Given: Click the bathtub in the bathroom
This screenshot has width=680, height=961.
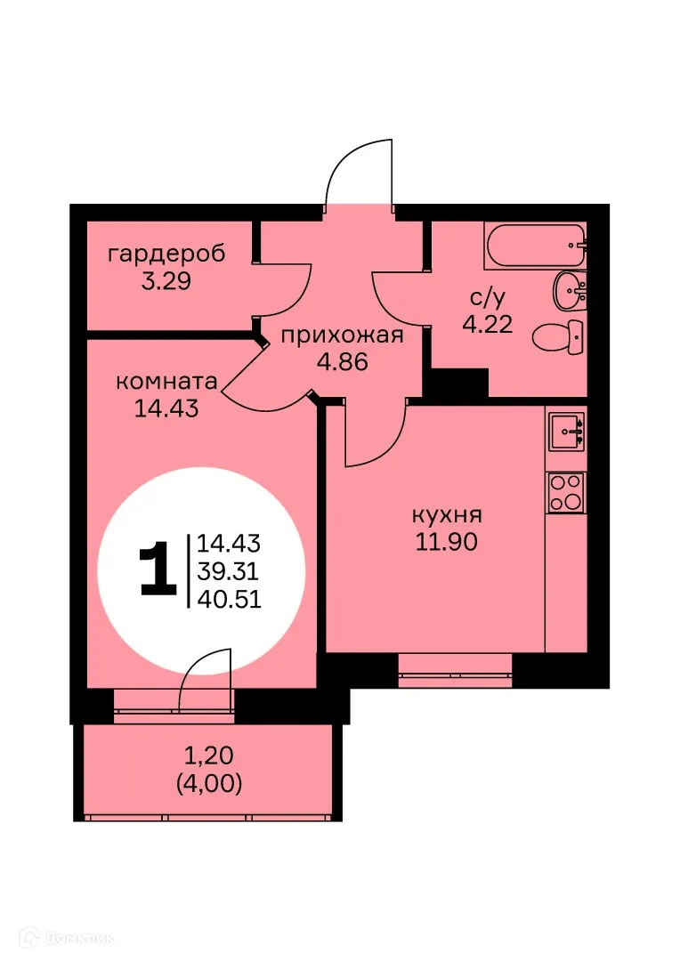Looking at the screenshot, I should (535, 245).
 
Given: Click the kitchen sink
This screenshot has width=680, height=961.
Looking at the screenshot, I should (566, 432).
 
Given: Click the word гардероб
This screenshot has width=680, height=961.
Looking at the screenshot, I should (166, 254).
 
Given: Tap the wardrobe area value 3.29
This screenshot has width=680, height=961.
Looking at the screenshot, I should (166, 281).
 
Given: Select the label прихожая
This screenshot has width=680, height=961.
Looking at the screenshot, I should (343, 335).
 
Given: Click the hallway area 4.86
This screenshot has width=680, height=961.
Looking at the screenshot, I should (343, 362).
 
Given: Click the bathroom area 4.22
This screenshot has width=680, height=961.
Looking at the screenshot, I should (486, 324).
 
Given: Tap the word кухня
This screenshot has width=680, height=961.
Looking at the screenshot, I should (447, 515).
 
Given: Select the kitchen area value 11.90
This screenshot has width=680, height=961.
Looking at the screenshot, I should (447, 542).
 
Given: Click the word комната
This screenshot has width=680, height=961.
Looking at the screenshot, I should (167, 382).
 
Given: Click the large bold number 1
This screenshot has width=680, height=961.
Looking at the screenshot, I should (158, 569).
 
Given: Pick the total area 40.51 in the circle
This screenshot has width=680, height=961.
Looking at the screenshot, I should (229, 599).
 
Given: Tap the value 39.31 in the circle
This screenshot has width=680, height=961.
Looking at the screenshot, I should (229, 570).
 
